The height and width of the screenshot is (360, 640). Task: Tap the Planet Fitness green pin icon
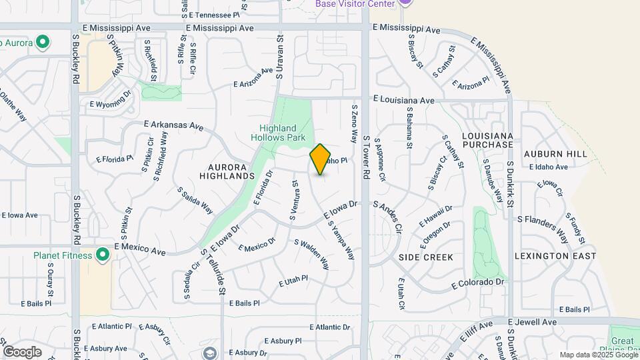pyautogui.click(x=103, y=254)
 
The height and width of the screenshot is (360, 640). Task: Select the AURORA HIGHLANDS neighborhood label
pyautogui.click(x=227, y=171)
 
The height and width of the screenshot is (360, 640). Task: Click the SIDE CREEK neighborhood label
pyautogui.click(x=426, y=257)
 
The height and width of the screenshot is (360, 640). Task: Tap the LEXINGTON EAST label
pyautogui.click(x=556, y=256)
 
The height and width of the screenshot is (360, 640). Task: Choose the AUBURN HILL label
pyautogui.click(x=555, y=154)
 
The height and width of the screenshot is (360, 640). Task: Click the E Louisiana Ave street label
pyautogui.click(x=403, y=99)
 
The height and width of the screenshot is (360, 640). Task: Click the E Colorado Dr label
pyautogui.click(x=479, y=283)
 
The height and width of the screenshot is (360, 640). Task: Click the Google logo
pyautogui.click(x=22, y=351)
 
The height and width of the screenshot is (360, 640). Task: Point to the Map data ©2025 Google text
pyautogui.click(x=597, y=355)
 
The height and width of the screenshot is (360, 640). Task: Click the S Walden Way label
pyautogui.click(x=311, y=254)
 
